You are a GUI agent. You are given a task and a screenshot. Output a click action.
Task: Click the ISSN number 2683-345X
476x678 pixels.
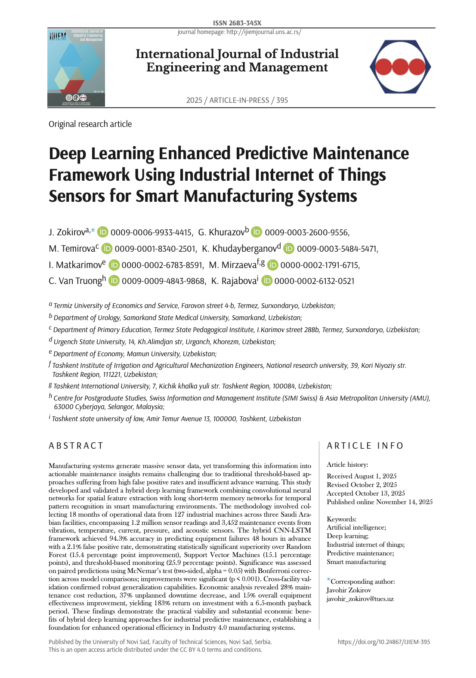(x=237, y=23)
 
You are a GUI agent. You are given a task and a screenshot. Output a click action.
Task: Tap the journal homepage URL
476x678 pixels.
(x=239, y=32)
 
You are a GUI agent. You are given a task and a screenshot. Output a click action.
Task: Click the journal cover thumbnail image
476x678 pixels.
(x=76, y=68)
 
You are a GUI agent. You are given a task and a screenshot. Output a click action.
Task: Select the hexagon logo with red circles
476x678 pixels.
(x=400, y=67)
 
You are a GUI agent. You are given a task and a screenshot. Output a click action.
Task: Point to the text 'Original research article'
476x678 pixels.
(x=90, y=124)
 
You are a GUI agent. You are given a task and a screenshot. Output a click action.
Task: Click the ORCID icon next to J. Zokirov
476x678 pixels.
(x=103, y=232)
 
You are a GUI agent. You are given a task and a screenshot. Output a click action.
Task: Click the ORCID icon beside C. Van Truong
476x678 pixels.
(x=114, y=281)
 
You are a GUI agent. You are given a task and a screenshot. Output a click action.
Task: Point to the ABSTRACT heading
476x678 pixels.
(x=76, y=446)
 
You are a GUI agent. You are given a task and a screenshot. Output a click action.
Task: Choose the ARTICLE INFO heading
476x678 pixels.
(x=365, y=446)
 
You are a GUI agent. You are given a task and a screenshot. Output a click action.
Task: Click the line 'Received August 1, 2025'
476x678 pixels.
(x=362, y=476)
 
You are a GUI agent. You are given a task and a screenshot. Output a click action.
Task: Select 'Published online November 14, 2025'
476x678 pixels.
(x=380, y=502)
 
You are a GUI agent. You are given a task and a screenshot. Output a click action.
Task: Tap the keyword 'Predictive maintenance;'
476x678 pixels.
(x=360, y=553)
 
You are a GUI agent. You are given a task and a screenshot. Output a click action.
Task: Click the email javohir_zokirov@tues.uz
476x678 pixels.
(x=360, y=599)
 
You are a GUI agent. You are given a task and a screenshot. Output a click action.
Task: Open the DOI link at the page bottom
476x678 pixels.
(x=383, y=642)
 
